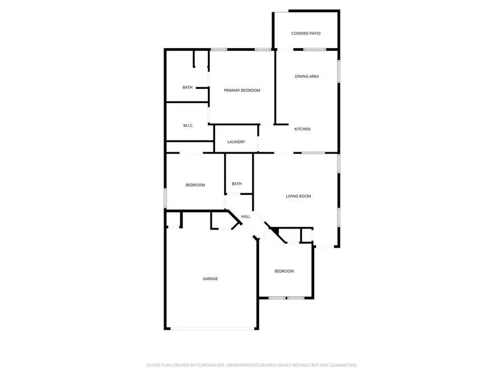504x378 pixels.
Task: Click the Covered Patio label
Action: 306,34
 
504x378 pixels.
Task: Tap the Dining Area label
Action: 307,76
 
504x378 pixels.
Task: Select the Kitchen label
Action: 302,129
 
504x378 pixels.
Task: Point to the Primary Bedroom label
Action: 242,90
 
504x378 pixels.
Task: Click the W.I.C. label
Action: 188,125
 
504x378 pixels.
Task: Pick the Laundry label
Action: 236,142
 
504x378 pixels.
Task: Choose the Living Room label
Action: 298,196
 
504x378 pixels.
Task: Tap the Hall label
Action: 246,216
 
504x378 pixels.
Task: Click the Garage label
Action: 210,279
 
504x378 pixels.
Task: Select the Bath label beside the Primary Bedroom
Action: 188,87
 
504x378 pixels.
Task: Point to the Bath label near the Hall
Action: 237,184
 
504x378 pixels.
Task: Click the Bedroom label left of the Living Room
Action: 195,185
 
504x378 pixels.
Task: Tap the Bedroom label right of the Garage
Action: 284,272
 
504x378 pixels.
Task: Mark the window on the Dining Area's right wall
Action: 338,72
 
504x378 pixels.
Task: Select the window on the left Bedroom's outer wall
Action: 165,198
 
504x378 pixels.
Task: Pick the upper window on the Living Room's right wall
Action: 338,163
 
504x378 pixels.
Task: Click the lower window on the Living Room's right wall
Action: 338,217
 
